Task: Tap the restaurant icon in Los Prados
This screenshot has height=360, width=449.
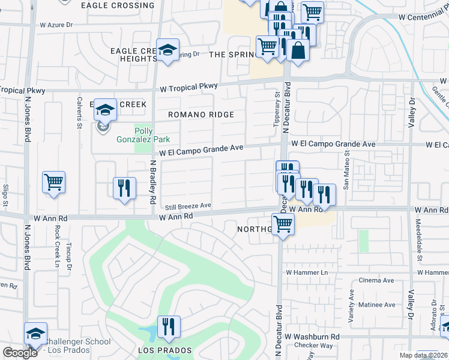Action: click(x=168, y=326)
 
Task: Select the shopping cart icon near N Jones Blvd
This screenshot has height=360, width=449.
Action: click(x=53, y=182)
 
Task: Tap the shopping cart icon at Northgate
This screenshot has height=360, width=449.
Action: click(x=282, y=225)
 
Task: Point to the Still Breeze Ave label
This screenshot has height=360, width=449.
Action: click(x=188, y=206)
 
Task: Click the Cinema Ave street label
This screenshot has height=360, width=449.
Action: click(x=376, y=280)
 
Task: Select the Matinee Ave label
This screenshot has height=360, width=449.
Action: click(x=376, y=305)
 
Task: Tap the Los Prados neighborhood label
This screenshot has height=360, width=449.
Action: click(x=164, y=350)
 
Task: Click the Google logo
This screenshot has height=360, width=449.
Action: click(x=20, y=352)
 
